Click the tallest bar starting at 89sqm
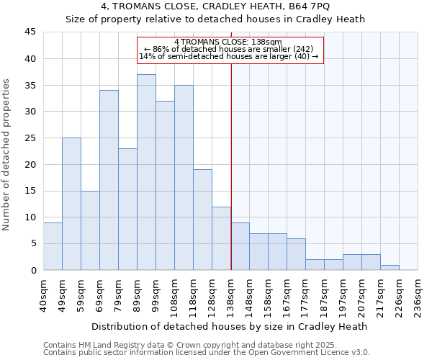coord(146,172)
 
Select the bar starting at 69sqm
coord(109,180)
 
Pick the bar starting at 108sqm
coord(184,177)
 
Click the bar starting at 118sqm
coord(202,220)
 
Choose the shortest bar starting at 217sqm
coord(390,267)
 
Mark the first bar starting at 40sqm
coord(53,246)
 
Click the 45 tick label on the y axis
coord(30,32)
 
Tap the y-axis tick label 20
coord(30,164)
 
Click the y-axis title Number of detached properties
coord(7,155)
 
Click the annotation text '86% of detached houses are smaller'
coord(223,49)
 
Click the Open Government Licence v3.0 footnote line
coord(207,353)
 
